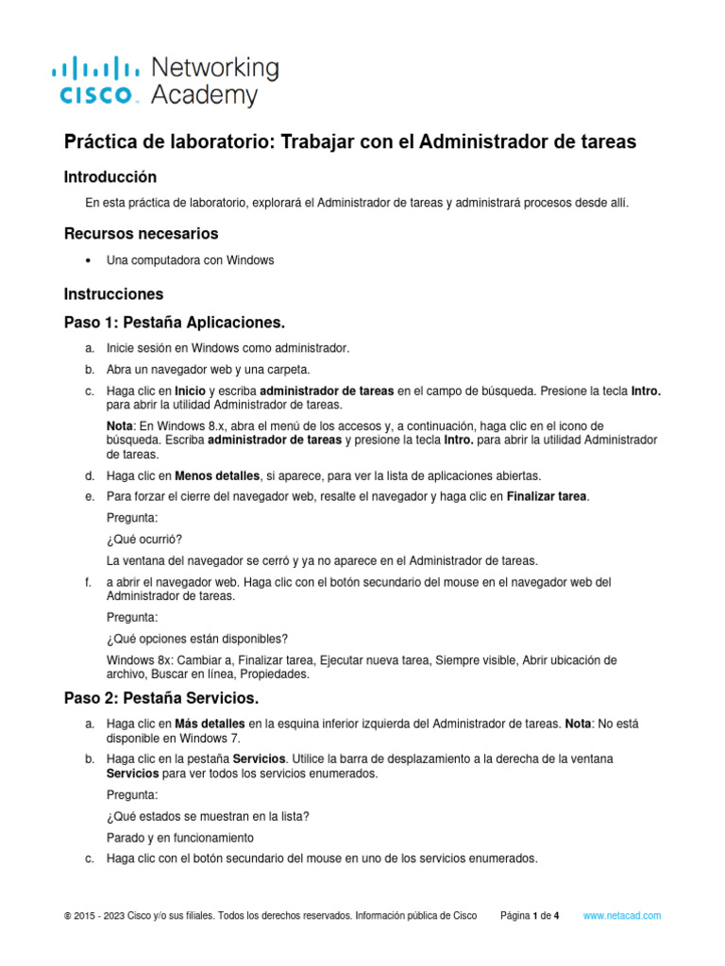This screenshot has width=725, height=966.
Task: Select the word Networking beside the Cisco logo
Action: click(x=215, y=67)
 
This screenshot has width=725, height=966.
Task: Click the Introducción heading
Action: click(x=110, y=177)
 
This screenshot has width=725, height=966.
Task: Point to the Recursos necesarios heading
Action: click(x=141, y=233)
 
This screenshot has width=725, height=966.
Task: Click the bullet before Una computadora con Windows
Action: click(x=88, y=261)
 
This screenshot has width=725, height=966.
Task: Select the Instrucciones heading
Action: click(x=113, y=293)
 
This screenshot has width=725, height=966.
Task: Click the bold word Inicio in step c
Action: click(x=189, y=390)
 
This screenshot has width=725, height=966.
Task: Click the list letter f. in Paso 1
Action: click(x=88, y=582)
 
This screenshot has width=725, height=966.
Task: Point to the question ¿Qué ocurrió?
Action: click(x=143, y=539)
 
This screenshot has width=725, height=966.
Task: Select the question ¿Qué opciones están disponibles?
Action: click(x=198, y=639)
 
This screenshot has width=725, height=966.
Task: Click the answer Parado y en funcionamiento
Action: click(x=179, y=838)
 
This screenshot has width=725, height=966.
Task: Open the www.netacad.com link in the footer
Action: click(x=622, y=916)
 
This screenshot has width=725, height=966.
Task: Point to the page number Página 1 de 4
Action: click(x=530, y=916)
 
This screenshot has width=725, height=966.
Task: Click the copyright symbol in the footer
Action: click(x=67, y=916)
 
